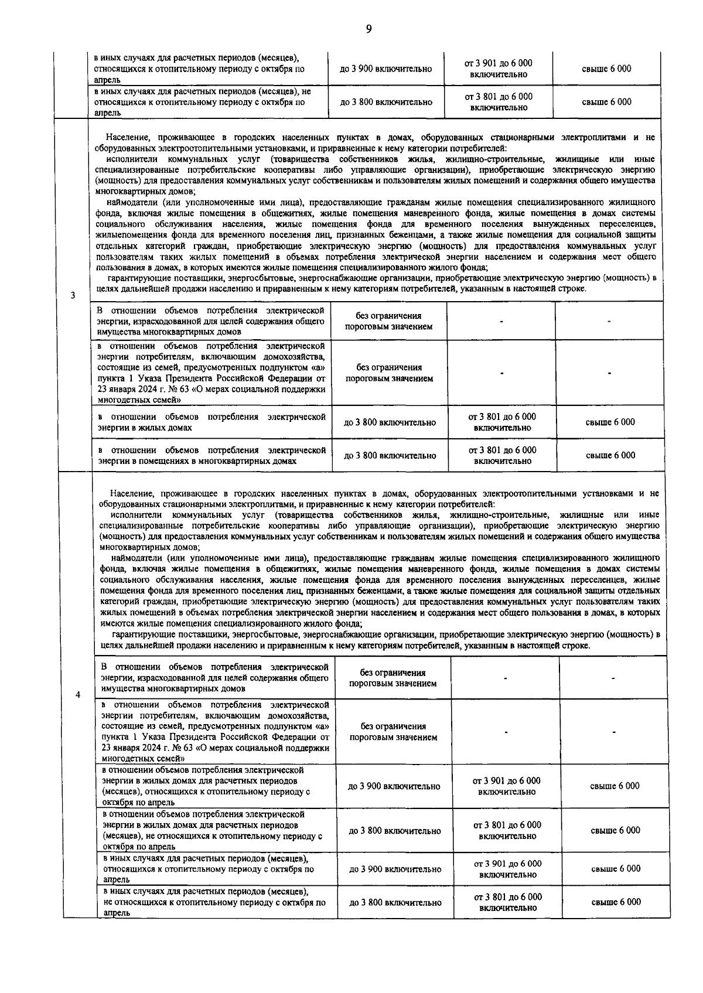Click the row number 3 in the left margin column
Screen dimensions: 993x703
(x=73, y=295)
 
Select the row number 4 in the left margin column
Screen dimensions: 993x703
(x=78, y=695)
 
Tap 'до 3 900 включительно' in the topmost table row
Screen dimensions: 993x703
(x=385, y=69)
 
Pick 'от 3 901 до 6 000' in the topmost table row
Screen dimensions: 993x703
(x=498, y=63)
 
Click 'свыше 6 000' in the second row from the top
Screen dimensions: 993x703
(x=606, y=102)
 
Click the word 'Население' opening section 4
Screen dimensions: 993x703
(x=129, y=493)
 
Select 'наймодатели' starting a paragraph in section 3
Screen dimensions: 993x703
(x=129, y=203)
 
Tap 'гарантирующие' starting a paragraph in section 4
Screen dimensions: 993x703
(x=141, y=634)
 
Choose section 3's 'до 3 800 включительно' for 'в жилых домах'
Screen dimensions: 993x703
(x=390, y=422)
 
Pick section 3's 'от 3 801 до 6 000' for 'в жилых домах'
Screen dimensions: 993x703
(x=502, y=417)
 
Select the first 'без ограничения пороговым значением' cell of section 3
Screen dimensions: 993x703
(x=389, y=321)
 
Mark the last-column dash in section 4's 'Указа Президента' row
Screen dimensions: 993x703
(x=613, y=732)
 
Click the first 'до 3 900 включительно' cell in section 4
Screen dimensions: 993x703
(x=394, y=786)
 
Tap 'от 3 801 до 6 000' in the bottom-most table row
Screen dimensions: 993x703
(x=507, y=897)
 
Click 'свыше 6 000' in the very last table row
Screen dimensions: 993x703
(x=616, y=902)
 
